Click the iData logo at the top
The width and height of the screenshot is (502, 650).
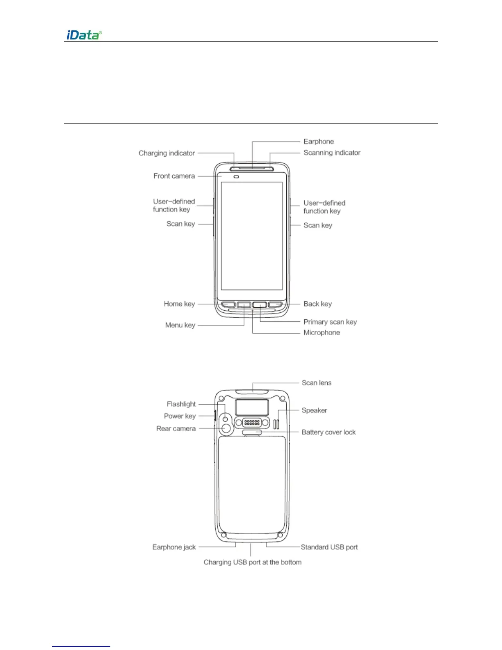[84, 35]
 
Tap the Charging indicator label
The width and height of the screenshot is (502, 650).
[167, 153]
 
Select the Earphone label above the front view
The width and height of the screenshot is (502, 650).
[318, 142]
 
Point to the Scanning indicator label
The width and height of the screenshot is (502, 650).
[332, 153]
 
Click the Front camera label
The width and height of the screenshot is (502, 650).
[174, 176]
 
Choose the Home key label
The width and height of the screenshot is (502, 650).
[179, 304]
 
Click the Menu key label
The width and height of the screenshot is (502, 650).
[180, 325]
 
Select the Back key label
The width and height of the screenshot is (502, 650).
[317, 304]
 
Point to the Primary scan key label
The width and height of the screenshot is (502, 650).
[330, 322]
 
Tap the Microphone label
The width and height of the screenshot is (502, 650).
[322, 333]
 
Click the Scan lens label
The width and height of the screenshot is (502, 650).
[316, 383]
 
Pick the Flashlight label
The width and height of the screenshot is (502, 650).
[181, 404]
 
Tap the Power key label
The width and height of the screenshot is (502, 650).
[180, 416]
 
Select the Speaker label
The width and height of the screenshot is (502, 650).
[314, 410]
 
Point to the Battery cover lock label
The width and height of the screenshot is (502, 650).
[329, 432]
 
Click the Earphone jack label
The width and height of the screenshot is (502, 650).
[174, 547]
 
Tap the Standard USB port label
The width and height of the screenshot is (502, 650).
[329, 547]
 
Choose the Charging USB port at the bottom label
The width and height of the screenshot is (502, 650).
[252, 562]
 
